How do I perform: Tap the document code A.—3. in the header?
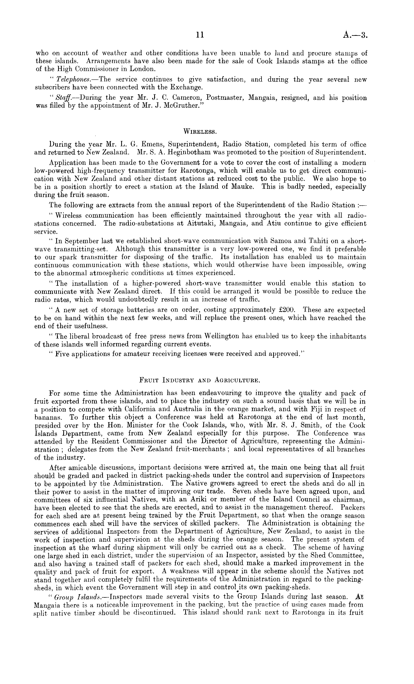point(355,35)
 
